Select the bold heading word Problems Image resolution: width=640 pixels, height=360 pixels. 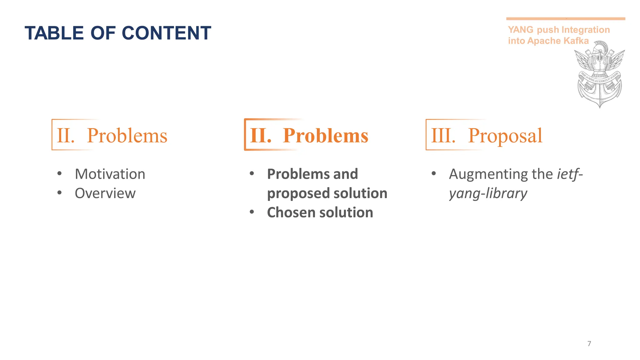pos(325,136)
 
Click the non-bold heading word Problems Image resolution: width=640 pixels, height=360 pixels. pos(127,136)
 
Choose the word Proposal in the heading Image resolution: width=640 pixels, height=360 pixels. pos(505,136)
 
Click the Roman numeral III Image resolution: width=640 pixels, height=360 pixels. pos(443,136)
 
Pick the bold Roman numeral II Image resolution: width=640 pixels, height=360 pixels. pos(261,136)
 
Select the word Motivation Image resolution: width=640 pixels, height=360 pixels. pos(110,174)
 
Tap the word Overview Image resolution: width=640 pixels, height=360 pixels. pos(105,193)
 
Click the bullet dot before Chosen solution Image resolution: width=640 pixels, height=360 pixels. pos(252,212)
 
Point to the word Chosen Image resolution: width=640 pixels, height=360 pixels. pos(291,212)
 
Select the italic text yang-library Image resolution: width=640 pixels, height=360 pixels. pos(488,194)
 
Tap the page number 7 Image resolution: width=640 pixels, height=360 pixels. pos(589,344)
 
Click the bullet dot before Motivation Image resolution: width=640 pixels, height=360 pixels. pos(59,173)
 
